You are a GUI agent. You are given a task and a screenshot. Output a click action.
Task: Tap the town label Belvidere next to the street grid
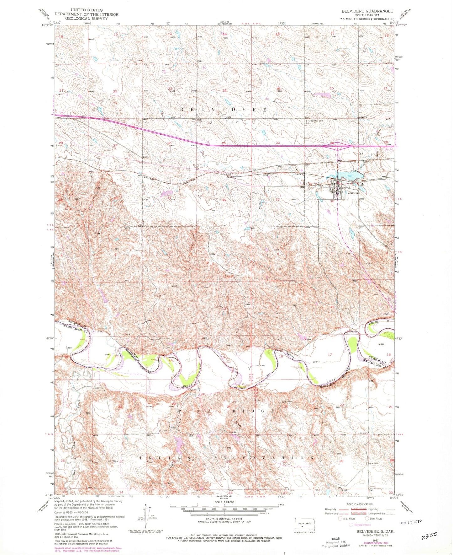[x=352, y=193]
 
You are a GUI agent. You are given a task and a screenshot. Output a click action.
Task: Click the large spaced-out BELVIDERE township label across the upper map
[x=224, y=110]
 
